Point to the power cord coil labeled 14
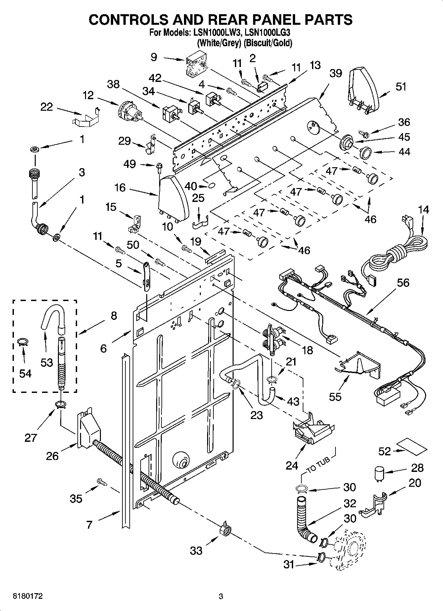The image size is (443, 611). (397, 255)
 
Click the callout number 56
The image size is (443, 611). (403, 283)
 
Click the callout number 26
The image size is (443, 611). (52, 456)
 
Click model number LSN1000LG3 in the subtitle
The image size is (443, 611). (268, 33)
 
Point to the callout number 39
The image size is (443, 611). (335, 73)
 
